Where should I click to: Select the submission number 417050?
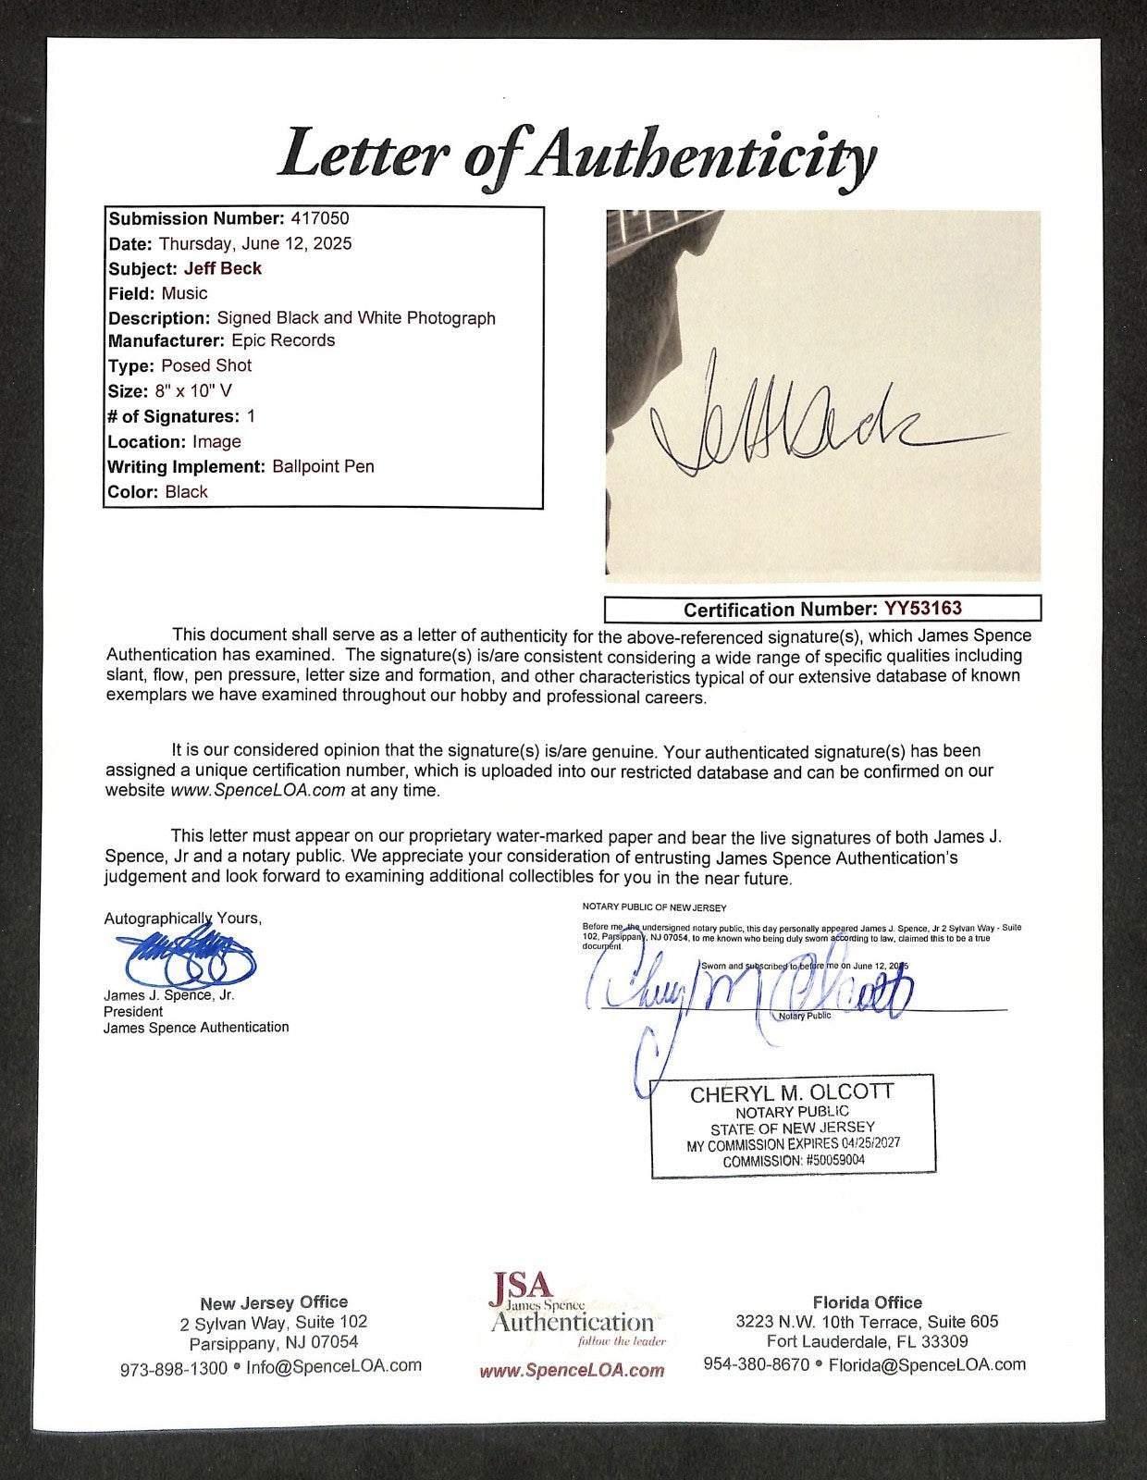click(319, 219)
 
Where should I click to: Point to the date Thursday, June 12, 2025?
click(255, 244)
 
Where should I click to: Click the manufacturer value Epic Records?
click(283, 340)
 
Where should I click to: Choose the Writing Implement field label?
click(187, 467)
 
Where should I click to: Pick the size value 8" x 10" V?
click(192, 391)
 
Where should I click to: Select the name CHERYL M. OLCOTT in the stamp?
click(792, 1093)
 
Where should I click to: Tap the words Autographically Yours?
click(182, 919)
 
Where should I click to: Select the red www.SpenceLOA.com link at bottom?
click(572, 1371)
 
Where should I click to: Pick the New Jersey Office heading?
click(274, 1303)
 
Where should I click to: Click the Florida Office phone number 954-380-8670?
click(757, 1364)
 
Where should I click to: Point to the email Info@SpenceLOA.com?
click(333, 1365)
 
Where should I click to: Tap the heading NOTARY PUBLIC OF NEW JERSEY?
click(654, 907)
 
